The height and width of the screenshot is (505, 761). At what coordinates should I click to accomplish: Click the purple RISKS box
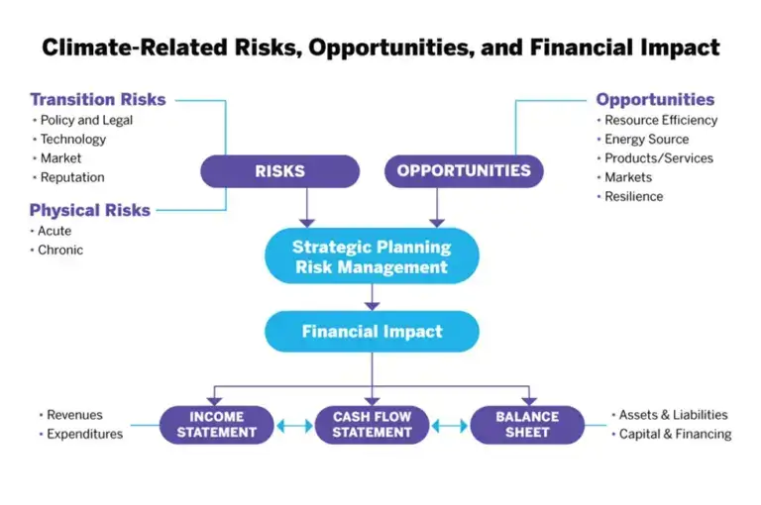(279, 171)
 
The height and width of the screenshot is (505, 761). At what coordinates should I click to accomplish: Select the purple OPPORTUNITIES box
(464, 171)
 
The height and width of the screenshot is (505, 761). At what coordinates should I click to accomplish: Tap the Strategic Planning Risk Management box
(372, 256)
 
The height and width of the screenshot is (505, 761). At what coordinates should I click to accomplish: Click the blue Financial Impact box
(372, 332)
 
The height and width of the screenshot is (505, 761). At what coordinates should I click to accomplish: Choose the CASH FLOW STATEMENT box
(372, 425)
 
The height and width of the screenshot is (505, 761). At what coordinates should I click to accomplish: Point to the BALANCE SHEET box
(528, 425)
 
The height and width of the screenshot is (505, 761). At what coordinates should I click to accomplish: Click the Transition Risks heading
(97, 99)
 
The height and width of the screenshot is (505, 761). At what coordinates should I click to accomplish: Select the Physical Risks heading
(89, 210)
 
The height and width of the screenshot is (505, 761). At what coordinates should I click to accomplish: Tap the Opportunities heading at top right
(654, 99)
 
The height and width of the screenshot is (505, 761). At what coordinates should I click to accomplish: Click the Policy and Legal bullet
(86, 120)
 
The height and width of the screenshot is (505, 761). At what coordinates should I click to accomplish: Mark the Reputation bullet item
(72, 177)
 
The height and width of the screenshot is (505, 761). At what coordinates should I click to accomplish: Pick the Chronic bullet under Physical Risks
(60, 250)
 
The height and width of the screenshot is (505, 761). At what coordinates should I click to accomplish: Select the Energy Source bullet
(646, 140)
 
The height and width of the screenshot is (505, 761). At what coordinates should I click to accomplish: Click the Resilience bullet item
(634, 196)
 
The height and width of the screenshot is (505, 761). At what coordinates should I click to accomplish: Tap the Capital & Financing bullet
(675, 434)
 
